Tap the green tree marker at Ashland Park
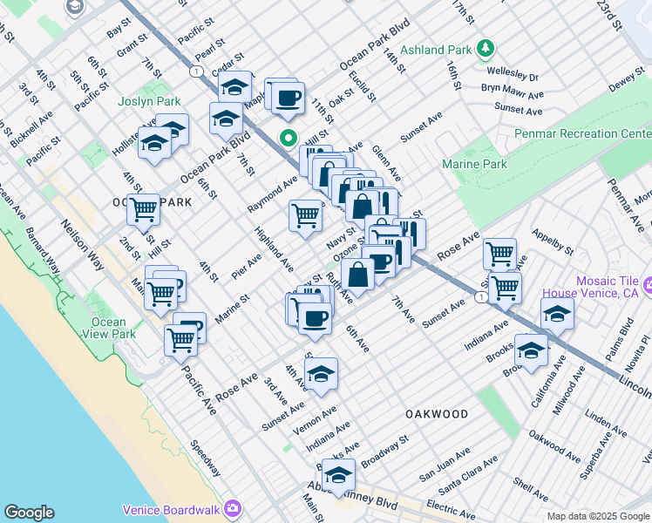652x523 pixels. (x=486, y=50)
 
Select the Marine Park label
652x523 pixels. (x=473, y=164)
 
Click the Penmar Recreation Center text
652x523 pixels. (x=583, y=133)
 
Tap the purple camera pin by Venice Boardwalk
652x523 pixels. (x=233, y=508)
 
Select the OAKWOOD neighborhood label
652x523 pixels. (x=436, y=414)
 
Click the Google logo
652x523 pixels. (x=29, y=513)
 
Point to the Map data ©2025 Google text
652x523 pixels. (x=599, y=516)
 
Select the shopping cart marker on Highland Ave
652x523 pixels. (x=305, y=214)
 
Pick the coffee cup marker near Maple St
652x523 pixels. (x=288, y=98)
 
